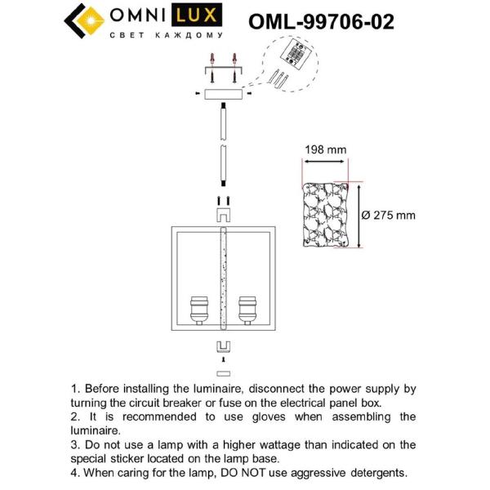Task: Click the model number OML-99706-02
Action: coord(319,21)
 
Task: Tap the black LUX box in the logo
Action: coord(199,16)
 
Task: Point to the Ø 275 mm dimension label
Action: coord(388,216)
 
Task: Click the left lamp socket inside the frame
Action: coord(198,311)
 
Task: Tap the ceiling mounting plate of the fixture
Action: coord(222,94)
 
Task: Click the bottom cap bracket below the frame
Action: coord(222,345)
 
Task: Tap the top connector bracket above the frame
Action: coord(222,215)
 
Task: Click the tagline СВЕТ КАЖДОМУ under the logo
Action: coord(167,37)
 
